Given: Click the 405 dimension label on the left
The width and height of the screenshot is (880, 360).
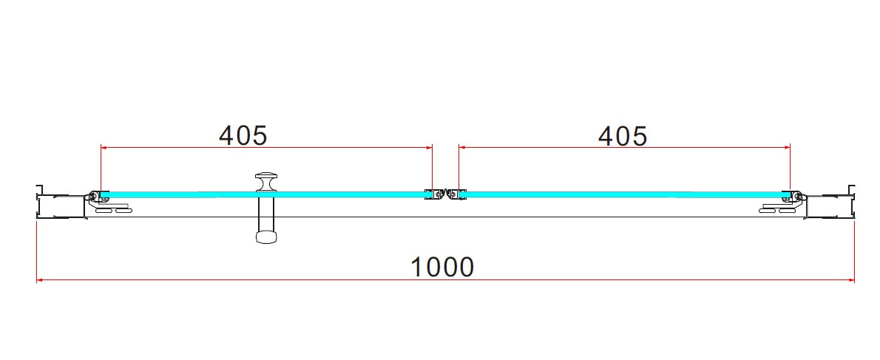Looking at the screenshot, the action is pos(243,135).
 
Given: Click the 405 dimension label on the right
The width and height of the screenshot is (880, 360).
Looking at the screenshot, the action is pos(623,136).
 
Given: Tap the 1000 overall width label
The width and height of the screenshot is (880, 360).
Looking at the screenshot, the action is pos(443,267).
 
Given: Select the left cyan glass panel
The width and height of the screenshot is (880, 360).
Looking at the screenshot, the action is pos(263,194).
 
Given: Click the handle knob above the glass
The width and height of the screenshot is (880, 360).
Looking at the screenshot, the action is pos(266,182).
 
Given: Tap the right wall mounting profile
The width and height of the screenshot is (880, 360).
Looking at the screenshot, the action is pos(830,203).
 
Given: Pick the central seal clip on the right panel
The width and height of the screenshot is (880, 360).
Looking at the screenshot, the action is pos(455,194).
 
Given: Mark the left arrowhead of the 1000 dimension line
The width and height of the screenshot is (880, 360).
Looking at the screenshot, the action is pos(40,280).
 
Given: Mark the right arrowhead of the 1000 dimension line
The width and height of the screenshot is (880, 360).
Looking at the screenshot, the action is pos(851,280).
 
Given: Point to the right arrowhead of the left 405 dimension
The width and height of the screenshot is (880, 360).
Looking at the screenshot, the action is pos(430,148).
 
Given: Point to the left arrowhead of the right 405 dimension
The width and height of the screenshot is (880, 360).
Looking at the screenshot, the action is pos(462,148).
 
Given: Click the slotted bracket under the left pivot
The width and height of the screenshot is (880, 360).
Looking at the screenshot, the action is pos(115,208).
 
